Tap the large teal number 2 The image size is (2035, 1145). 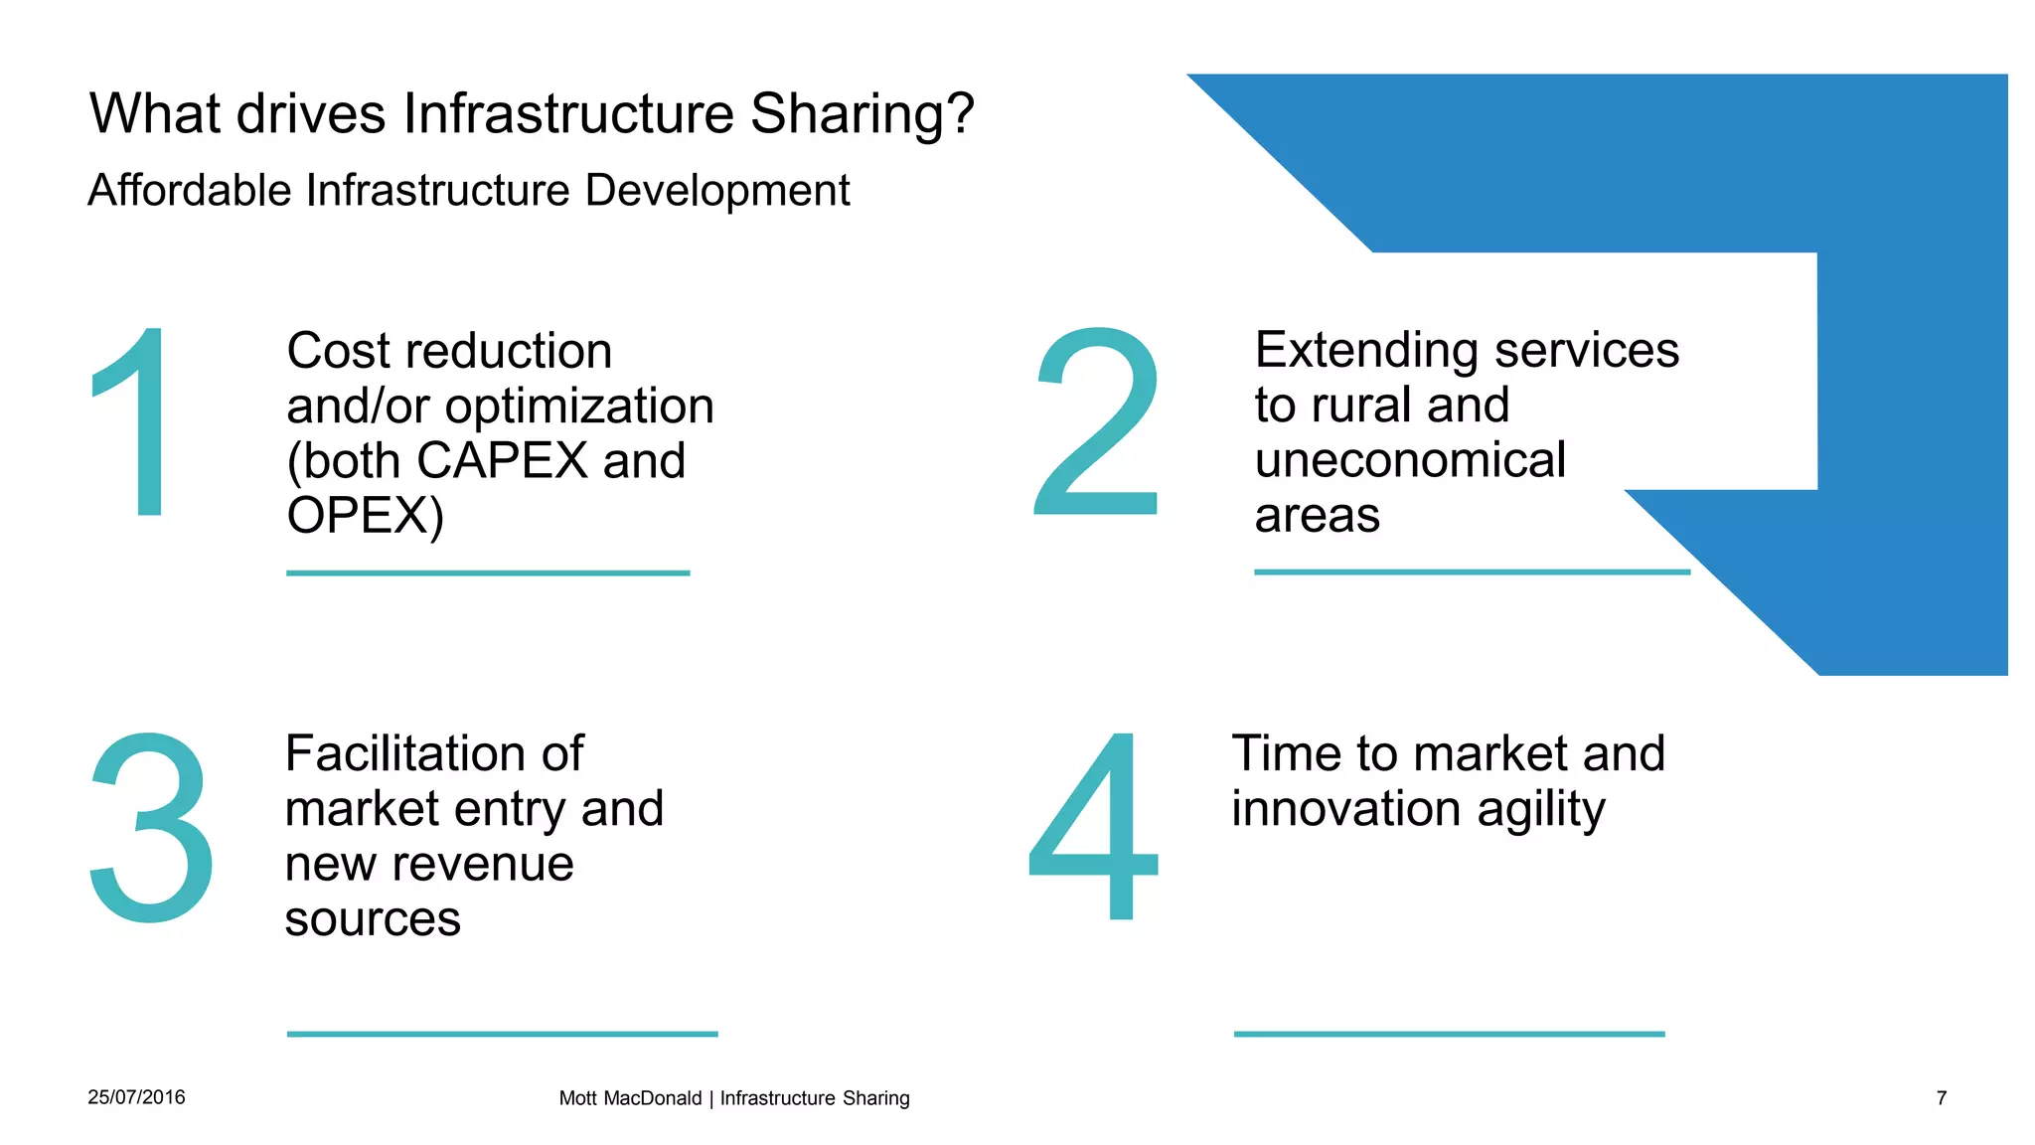click(1098, 422)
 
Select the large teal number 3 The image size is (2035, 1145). click(151, 827)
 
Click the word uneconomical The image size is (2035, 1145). click(1410, 460)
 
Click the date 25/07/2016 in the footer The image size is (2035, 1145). click(136, 1097)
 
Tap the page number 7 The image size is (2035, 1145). click(1941, 1098)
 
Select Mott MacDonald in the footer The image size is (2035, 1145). click(630, 1098)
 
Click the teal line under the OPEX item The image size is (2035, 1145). click(488, 572)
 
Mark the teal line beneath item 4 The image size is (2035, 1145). click(1449, 1034)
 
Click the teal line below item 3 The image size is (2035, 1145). click(502, 1034)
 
